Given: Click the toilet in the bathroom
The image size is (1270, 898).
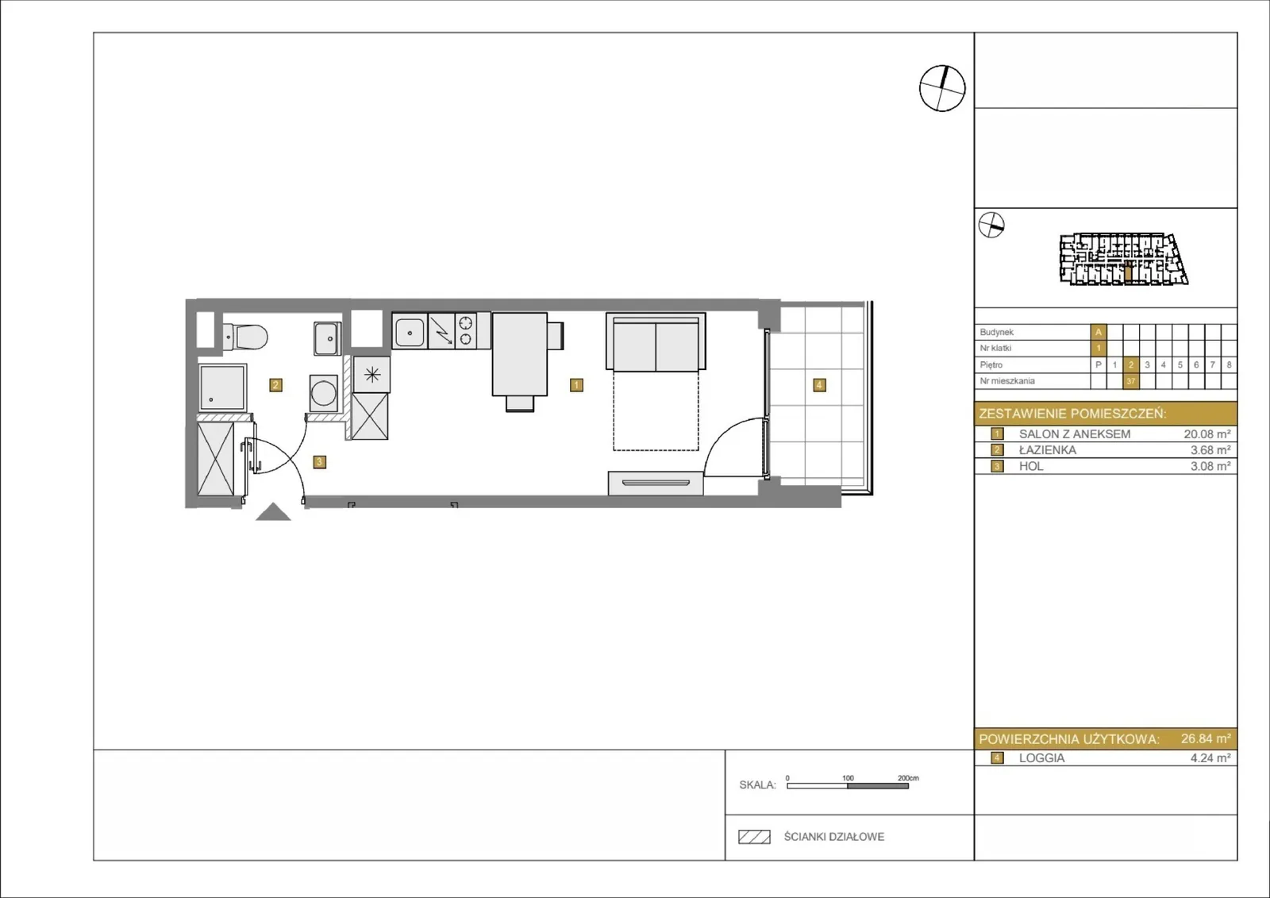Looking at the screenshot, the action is point(245,337).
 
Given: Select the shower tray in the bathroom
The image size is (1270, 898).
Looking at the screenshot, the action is point(222,387).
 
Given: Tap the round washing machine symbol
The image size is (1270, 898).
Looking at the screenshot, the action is point(324,392).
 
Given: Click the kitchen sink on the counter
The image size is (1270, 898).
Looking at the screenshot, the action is point(410,333).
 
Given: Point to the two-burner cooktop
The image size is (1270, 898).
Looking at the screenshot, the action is point(465,331).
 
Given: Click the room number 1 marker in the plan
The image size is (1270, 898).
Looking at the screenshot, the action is point(576,385).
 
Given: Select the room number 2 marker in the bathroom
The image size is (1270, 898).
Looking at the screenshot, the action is point(275,385).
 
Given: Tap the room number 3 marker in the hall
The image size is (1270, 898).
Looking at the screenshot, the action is point(319,462).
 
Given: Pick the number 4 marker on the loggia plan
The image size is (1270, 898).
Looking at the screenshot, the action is point(818,385).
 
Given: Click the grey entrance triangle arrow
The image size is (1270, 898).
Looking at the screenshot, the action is point(273,514).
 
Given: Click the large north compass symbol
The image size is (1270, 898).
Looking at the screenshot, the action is point(942,88).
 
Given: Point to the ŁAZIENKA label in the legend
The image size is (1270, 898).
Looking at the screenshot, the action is point(1047,450).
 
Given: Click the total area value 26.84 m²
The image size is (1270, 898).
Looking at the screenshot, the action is point(1206,738).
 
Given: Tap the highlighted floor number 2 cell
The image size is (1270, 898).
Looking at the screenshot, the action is point(1130,364).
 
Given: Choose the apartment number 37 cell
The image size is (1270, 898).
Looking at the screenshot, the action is point(1130,381).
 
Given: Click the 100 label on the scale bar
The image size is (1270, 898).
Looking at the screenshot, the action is point(848,778).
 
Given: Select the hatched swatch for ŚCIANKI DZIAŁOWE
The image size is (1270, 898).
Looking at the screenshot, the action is point(754,837).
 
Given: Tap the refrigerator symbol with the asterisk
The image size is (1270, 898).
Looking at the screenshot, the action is point(371,374).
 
